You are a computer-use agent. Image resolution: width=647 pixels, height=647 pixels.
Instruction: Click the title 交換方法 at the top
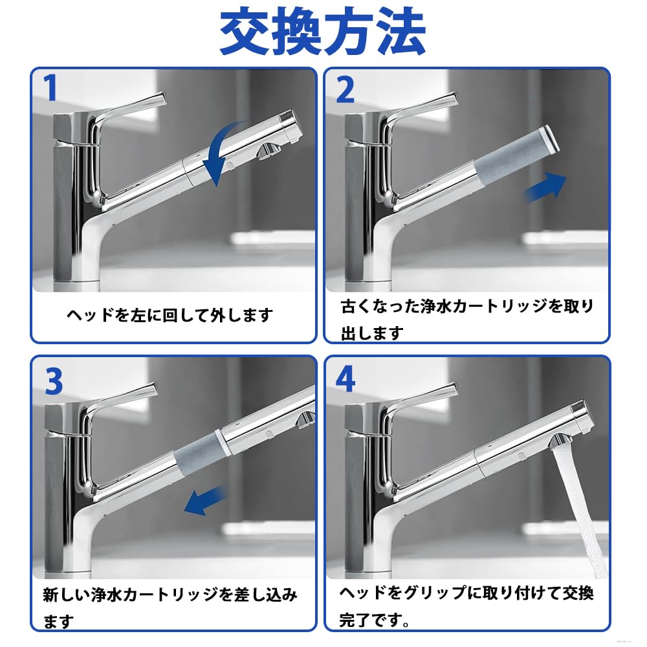coord(322,32)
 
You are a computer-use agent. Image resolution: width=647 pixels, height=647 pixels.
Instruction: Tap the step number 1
coord(50,87)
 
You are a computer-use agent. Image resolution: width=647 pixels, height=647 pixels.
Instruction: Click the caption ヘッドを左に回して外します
coord(170,316)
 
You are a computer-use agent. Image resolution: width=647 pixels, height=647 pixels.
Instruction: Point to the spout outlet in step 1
coord(267,150)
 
